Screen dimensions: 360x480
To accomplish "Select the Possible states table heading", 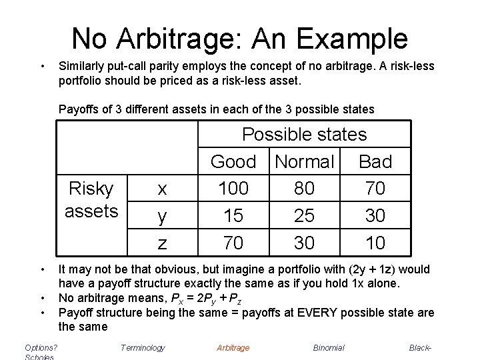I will click(304, 134).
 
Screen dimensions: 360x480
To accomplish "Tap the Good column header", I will click(233, 161).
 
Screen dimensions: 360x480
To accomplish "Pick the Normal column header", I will click(304, 161).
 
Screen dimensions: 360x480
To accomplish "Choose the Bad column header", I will click(375, 161).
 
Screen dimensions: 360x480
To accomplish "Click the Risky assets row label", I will click(91, 199).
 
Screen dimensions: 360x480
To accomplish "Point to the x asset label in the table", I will click(161, 189).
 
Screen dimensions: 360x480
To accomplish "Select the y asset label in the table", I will click(161, 217).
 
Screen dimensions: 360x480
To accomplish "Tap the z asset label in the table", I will click(161, 243).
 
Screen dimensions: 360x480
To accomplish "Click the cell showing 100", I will click(233, 189).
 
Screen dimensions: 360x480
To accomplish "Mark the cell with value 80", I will click(304, 189).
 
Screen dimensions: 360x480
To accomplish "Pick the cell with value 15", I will click(233, 216).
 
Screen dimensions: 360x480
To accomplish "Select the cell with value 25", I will click(304, 216).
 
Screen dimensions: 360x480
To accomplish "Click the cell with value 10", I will click(375, 243).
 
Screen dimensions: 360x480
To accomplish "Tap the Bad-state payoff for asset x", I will click(375, 189).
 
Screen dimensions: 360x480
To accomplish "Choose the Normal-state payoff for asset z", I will click(304, 243).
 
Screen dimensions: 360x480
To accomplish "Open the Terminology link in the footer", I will click(143, 347).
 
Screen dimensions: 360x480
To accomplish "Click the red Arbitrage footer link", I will click(233, 347).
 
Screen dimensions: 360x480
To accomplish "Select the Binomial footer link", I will click(329, 347).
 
